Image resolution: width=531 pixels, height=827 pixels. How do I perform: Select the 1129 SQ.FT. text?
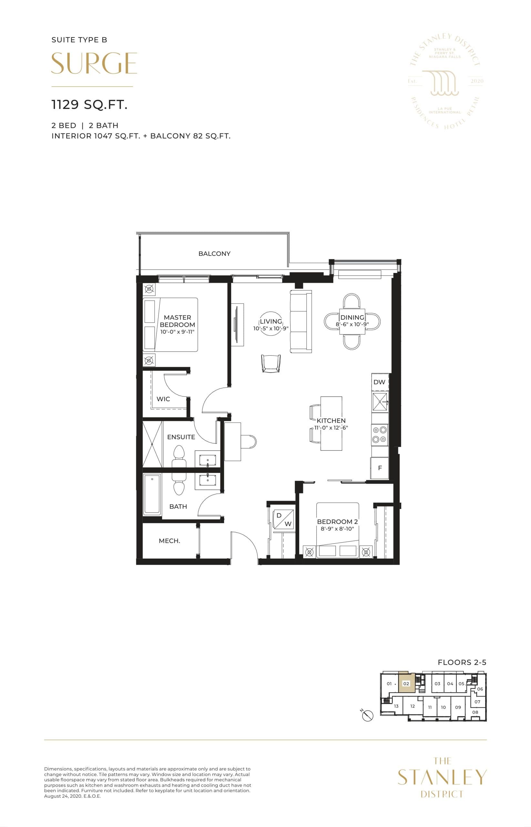[x=89, y=105]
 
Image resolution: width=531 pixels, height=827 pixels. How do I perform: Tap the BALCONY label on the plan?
[x=214, y=254]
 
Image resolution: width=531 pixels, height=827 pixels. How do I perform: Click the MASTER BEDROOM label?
[x=177, y=321]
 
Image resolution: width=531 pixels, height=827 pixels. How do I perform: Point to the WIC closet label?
[x=163, y=399]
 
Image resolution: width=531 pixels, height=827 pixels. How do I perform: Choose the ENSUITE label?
[x=181, y=437]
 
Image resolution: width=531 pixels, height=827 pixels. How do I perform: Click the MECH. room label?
[x=169, y=541]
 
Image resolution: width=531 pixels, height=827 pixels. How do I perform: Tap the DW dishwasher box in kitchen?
[x=379, y=382]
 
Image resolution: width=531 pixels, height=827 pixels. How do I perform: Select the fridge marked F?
[x=380, y=468]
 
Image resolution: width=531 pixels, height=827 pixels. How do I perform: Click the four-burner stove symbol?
[x=380, y=434]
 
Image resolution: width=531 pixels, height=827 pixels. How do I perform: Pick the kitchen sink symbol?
[x=380, y=402]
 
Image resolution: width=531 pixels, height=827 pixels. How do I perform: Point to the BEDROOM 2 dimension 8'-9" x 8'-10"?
[x=337, y=529]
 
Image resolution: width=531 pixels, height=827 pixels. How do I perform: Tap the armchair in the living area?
[x=271, y=363]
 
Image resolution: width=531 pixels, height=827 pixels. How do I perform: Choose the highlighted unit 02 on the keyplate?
[x=406, y=684]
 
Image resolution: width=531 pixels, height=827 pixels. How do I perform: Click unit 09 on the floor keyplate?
[x=458, y=707]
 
